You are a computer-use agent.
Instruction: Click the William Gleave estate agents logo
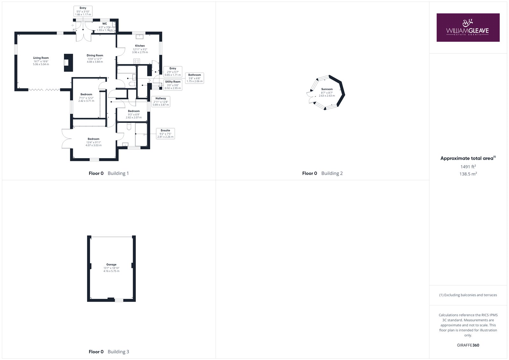coord(468,27)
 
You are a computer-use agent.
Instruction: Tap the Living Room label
coord(41,58)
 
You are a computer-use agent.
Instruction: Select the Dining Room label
coord(95,55)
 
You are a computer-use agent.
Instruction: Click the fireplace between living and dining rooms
coord(68,63)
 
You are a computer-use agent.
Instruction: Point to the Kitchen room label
coord(140,46)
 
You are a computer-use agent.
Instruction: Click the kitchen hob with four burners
coord(136,61)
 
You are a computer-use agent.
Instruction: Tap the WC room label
coord(105,24)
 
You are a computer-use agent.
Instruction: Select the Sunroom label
coord(327,89)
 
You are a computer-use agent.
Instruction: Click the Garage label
coord(111,265)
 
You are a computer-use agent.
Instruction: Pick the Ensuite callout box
coord(165,133)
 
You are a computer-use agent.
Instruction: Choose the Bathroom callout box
coord(194,78)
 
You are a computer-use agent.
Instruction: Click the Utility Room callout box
coord(173,85)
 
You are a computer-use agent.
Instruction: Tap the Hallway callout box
coord(161,102)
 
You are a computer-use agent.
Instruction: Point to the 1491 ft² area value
coord(468,166)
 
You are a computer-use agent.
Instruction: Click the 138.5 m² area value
coord(468,174)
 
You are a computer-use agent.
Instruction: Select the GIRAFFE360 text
coord(468,345)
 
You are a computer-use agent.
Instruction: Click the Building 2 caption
coord(332,173)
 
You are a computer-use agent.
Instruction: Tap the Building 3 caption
coord(118,352)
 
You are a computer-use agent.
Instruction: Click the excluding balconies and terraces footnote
coord(468,295)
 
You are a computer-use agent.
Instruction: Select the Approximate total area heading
coord(468,158)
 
